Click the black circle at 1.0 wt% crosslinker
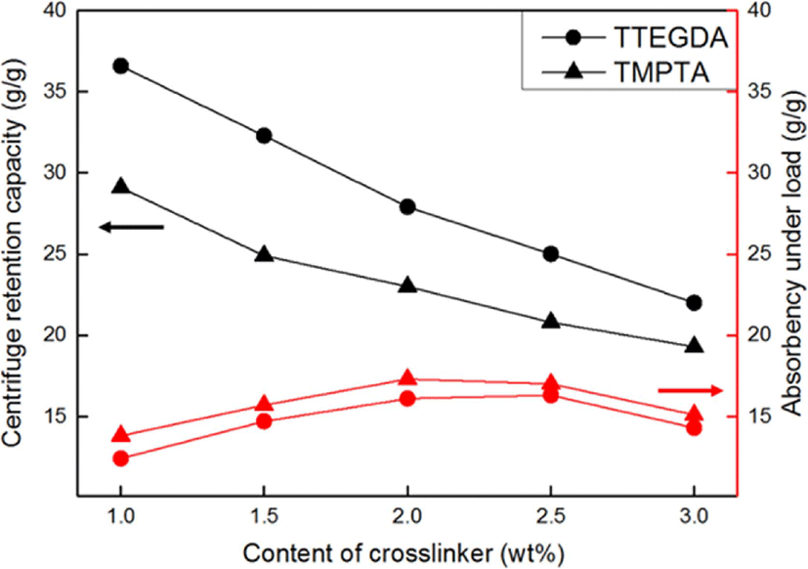tap(121, 66)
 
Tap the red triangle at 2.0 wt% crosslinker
tap(407, 377)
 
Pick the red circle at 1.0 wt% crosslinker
tap(121, 459)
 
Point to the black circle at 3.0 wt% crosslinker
tap(694, 303)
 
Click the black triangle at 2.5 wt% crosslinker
tap(551, 321)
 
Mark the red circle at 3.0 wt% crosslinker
tap(694, 427)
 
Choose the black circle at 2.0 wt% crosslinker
tap(407, 207)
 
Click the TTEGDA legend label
tap(670, 38)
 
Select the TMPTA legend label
tap(661, 72)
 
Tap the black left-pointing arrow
tap(131, 227)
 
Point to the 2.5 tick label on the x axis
tap(551, 517)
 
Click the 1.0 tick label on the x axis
tap(120, 517)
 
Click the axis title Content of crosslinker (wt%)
tap(404, 554)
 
